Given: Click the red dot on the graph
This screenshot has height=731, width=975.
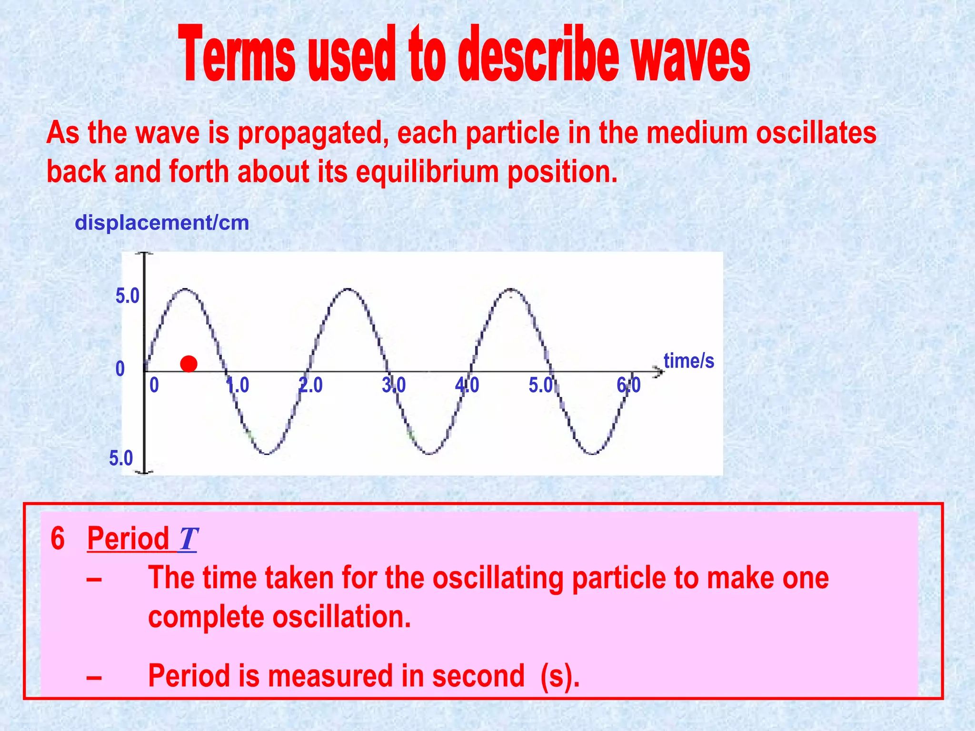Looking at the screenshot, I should click(189, 364).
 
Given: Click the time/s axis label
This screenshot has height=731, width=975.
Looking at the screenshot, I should click(688, 361).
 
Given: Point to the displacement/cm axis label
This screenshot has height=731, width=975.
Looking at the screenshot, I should click(162, 223).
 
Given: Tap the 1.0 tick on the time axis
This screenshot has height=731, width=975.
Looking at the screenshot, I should click(238, 385).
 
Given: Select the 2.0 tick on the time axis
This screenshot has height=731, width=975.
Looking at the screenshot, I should click(310, 385).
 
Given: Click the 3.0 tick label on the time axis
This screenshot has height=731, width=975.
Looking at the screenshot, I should click(394, 385).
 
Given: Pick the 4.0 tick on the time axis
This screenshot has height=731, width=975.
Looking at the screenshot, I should click(467, 385).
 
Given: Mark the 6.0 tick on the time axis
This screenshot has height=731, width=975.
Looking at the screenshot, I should click(628, 385).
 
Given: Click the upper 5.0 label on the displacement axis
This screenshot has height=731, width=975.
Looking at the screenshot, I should click(127, 296).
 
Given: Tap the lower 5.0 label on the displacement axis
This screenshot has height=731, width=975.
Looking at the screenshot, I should click(121, 458).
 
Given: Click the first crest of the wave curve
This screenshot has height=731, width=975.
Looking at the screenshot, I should click(186, 289).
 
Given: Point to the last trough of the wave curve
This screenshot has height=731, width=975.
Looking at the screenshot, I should click(593, 454).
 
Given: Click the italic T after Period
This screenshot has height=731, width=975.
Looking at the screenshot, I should click(188, 539).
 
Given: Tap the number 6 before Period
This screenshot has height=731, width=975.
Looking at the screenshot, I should click(58, 539).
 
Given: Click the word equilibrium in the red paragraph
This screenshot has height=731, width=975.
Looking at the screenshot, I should click(427, 172).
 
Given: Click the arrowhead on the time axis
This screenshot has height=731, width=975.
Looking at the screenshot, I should click(658, 372).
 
